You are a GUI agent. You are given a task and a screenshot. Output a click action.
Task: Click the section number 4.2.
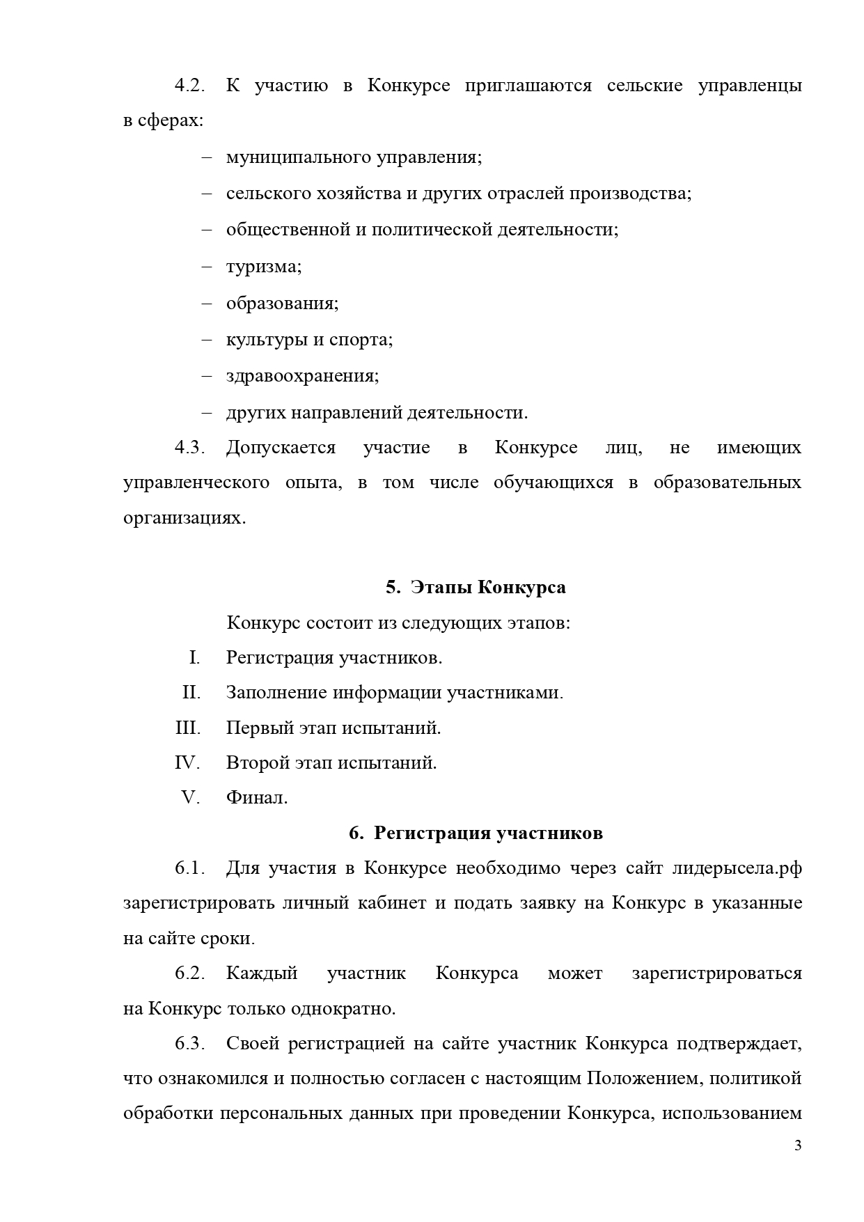coord(189,86)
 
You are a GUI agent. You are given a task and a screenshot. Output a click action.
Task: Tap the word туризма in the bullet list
coord(263,267)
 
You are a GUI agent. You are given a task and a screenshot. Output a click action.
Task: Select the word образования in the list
coord(282,304)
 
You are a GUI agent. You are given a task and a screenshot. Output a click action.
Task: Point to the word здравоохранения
coord(302,376)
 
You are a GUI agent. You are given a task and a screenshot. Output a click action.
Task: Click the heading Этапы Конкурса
coord(487,587)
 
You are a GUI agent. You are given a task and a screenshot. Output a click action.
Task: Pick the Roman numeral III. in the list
coord(188,728)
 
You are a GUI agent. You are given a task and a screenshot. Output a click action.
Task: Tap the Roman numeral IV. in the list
coord(187,763)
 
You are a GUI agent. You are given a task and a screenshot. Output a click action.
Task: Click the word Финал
coord(257,798)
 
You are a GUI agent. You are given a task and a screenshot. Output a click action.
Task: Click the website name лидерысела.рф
coord(737,868)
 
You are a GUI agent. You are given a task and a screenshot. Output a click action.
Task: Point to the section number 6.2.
coord(189,973)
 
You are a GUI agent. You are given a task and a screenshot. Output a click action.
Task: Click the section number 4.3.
coord(189,447)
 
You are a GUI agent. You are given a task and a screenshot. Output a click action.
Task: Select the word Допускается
coord(281,448)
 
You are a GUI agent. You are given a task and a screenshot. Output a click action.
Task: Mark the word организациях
coord(184,519)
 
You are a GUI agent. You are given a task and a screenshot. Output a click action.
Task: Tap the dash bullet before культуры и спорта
coord(207,340)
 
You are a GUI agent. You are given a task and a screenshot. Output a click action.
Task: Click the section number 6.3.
coord(189,1043)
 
